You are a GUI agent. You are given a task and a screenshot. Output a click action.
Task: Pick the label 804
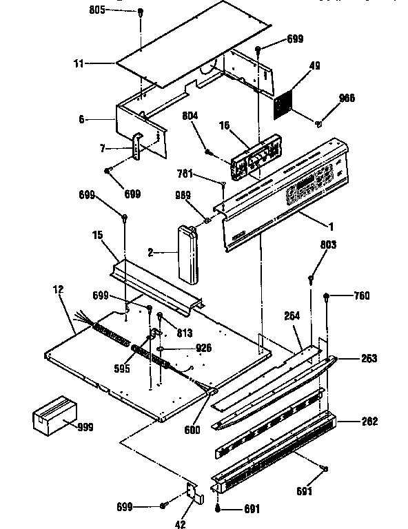pos(190,116)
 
